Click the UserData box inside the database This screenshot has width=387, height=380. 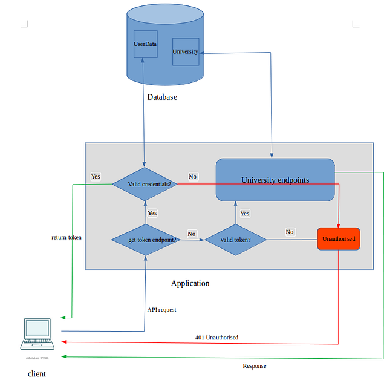click(x=145, y=44)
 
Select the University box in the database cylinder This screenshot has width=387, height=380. click(x=185, y=51)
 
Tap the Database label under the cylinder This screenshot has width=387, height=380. click(x=162, y=97)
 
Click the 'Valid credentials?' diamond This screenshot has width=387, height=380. click(x=145, y=184)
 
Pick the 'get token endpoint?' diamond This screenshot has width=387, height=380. click(x=145, y=240)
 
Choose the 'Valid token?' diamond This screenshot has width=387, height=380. click(x=236, y=240)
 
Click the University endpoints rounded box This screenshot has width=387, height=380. click(x=275, y=180)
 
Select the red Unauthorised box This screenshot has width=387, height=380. click(x=339, y=239)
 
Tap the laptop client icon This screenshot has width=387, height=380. click(x=37, y=335)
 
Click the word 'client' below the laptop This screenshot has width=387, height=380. click(x=36, y=374)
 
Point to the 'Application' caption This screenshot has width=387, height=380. click(x=190, y=283)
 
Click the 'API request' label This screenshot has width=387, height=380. click(x=161, y=310)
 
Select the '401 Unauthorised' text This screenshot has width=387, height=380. click(x=216, y=337)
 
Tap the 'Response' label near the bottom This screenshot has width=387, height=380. click(x=254, y=366)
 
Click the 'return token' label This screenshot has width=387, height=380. click(x=67, y=237)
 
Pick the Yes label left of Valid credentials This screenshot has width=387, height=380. click(x=96, y=177)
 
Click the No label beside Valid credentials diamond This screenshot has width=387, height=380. click(x=192, y=177)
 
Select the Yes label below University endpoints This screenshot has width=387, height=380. click(x=244, y=214)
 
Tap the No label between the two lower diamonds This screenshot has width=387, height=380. click(x=192, y=234)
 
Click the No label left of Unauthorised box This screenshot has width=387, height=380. click(x=290, y=232)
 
